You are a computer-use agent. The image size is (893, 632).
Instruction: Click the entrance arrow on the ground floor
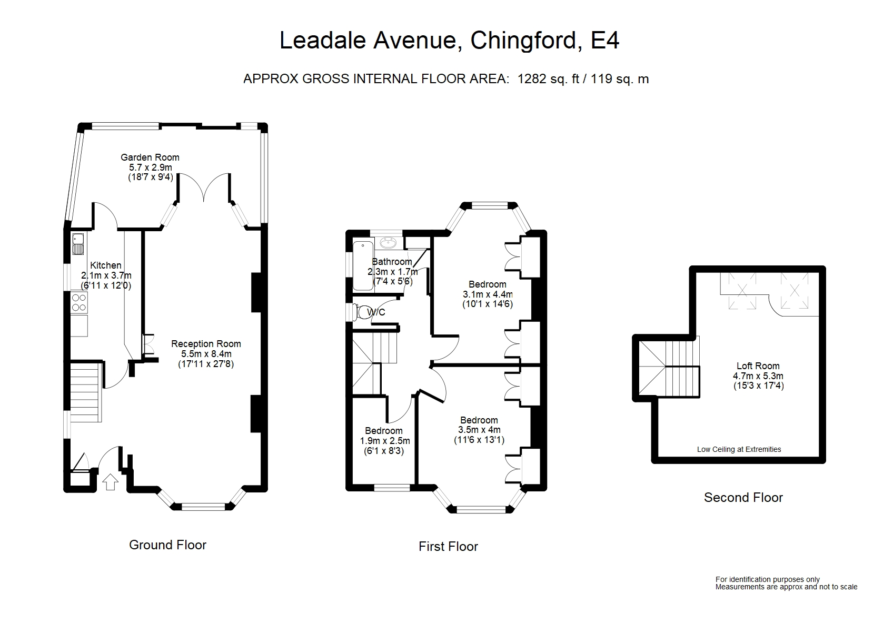coord(110,482)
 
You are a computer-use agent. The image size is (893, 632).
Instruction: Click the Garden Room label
coord(150,157)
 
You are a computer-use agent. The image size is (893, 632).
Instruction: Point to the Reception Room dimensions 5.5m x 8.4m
coord(206,354)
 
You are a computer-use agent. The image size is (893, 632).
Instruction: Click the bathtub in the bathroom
coord(361,266)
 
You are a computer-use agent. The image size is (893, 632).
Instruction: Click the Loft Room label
coord(758,366)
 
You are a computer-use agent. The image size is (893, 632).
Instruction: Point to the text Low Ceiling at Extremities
coord(739,449)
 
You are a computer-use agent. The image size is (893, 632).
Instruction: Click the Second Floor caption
coord(743,498)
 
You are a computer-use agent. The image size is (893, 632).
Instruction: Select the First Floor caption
coord(448,547)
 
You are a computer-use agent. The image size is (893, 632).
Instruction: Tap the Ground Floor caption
coord(167,545)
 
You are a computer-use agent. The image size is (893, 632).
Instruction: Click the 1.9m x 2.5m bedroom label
coord(384,441)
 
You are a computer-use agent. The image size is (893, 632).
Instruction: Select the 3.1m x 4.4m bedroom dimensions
coord(487,294)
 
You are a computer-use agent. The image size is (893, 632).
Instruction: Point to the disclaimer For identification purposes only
coord(767,579)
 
